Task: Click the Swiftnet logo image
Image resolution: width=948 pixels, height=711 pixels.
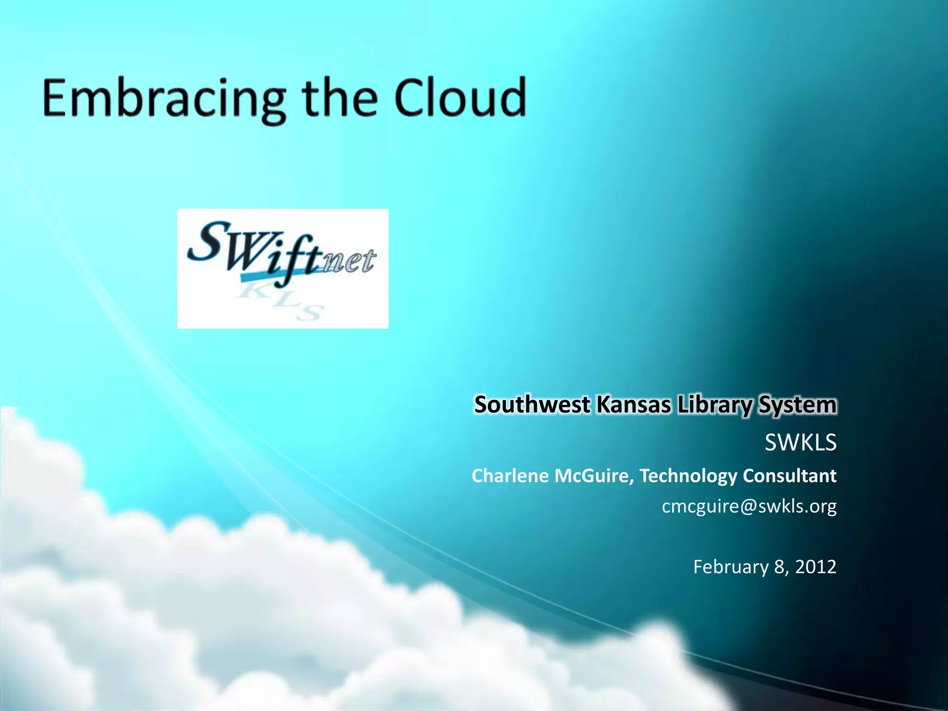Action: [x=283, y=268]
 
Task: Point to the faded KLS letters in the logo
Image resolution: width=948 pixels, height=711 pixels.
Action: [x=282, y=301]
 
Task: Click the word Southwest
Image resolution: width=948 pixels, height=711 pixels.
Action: [x=532, y=405]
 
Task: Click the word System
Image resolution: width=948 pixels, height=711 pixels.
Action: [x=797, y=405]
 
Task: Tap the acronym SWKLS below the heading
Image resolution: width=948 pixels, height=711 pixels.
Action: [x=800, y=443]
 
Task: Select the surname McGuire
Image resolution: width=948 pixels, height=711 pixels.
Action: [x=594, y=476]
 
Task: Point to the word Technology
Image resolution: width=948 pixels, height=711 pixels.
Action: [x=688, y=476]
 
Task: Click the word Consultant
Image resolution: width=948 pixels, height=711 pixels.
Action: [x=790, y=476]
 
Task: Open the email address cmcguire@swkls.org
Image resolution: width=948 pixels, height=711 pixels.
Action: [x=749, y=506]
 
